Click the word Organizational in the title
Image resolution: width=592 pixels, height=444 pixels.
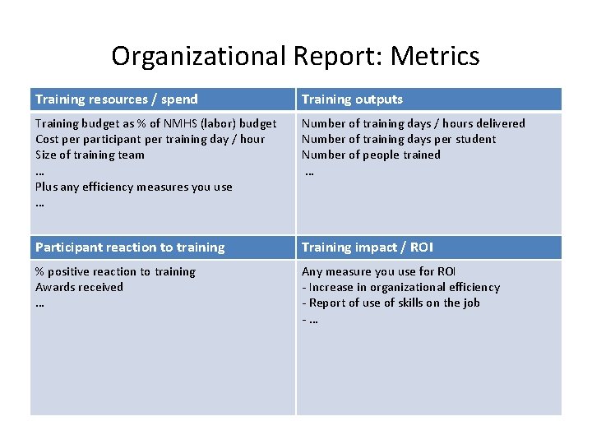[197, 57]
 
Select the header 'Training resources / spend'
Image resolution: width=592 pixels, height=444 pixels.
[117, 99]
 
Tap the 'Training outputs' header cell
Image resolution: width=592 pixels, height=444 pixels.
[352, 99]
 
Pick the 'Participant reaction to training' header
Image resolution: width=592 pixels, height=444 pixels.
[130, 247]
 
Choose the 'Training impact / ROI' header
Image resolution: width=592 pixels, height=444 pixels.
[368, 247]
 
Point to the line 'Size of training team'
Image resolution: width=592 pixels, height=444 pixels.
[90, 155]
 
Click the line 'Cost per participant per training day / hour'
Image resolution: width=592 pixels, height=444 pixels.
[150, 139]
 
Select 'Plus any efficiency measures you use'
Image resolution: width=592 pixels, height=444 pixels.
[134, 187]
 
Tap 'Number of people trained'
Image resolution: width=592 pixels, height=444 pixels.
[371, 155]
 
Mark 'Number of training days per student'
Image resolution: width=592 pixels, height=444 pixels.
[399, 139]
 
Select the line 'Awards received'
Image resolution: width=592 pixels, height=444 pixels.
[79, 287]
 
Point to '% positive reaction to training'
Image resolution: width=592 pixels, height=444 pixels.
[115, 271]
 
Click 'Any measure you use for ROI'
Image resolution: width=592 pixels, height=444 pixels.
[379, 271]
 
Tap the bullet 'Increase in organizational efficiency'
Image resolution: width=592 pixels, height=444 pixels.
[404, 287]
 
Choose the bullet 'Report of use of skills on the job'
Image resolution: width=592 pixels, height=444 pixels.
[394, 303]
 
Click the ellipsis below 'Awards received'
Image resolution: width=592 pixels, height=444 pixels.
[39, 303]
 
